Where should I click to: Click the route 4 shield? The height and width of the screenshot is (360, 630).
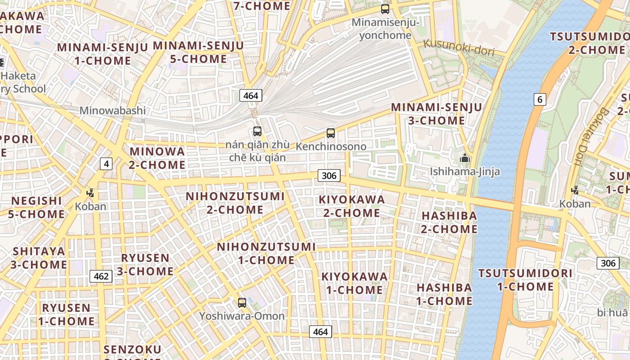(x=106, y=164)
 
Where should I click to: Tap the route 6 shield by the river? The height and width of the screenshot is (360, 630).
(x=540, y=99)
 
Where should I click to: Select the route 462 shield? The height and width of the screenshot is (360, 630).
(x=101, y=276)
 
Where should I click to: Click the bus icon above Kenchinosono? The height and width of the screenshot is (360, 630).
(x=331, y=133)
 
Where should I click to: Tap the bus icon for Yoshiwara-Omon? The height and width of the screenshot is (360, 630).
(x=242, y=302)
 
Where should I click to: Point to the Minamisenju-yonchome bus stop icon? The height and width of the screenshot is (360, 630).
(x=385, y=9)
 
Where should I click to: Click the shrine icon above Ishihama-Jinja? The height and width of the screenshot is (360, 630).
(x=464, y=158)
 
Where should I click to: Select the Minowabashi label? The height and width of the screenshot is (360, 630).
(x=112, y=110)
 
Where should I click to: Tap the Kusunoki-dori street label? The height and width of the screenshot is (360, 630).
(x=459, y=48)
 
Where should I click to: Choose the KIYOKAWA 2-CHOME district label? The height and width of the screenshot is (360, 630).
(x=352, y=206)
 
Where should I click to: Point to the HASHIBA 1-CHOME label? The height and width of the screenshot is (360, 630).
(x=444, y=294)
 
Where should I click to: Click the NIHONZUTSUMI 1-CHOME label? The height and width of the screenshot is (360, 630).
(x=266, y=253)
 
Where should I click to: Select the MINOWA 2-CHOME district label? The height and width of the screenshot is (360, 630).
(x=157, y=158)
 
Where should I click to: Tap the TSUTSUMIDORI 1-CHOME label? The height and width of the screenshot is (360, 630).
(x=525, y=279)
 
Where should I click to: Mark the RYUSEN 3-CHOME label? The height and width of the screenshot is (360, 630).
(x=145, y=264)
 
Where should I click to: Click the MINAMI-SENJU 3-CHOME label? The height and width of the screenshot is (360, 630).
(x=436, y=114)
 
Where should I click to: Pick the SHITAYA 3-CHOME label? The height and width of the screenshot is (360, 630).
(x=39, y=257)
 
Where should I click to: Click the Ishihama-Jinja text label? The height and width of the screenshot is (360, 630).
(x=465, y=171)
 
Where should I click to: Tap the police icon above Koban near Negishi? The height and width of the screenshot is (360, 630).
(x=90, y=193)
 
